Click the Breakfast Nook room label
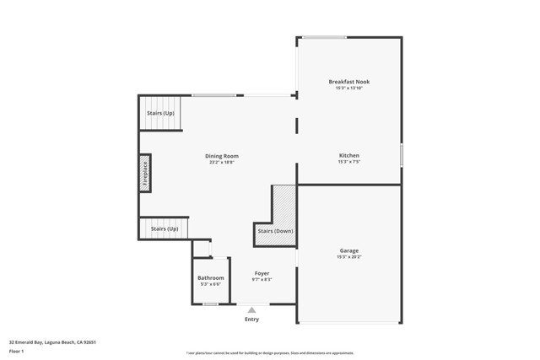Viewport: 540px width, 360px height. (x=348, y=82)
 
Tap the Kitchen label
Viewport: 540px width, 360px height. (x=348, y=156)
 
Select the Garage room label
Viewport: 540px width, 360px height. (x=348, y=250)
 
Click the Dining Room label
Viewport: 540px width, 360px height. (x=222, y=156)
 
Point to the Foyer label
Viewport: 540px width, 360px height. (x=262, y=274)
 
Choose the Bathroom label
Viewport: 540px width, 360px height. (x=211, y=277)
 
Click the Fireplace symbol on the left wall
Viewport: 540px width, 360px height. (x=145, y=173)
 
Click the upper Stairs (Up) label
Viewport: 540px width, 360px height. (x=160, y=113)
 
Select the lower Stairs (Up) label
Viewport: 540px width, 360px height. (x=165, y=228)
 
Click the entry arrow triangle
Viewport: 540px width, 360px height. (x=251, y=310)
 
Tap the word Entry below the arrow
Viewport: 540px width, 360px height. (x=251, y=320)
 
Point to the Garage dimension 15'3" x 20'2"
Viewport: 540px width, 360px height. (x=348, y=257)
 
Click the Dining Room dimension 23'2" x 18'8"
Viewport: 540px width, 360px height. (x=222, y=163)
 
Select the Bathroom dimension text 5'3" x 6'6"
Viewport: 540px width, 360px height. (x=211, y=284)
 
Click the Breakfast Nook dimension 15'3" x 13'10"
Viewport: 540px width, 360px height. (x=348, y=89)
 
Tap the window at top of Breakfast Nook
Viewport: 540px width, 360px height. (x=324, y=37)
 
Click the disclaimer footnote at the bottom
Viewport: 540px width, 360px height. (x=270, y=353)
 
